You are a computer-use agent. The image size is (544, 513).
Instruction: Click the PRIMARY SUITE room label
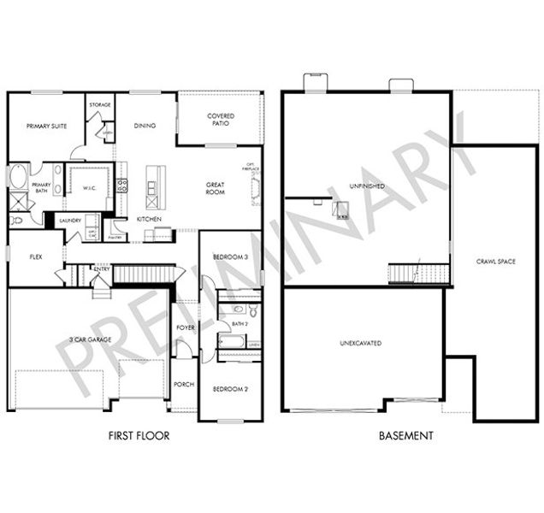47,126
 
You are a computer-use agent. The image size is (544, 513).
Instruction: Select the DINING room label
145,126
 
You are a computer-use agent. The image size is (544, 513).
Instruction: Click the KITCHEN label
150,219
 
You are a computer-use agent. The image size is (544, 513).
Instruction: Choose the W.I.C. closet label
89,189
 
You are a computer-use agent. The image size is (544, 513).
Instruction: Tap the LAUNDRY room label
70,221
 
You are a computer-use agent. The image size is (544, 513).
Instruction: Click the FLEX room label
36,256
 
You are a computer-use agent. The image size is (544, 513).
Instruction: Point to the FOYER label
185,327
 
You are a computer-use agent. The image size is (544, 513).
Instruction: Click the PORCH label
184,384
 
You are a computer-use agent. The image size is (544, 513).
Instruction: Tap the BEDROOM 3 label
231,256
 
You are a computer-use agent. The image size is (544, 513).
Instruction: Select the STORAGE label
100,105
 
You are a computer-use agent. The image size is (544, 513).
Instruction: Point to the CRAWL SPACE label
495,261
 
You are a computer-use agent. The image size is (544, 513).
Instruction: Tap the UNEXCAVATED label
360,344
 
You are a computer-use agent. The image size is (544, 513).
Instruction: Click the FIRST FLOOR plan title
139,436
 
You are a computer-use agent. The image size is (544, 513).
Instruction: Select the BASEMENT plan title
405,436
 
